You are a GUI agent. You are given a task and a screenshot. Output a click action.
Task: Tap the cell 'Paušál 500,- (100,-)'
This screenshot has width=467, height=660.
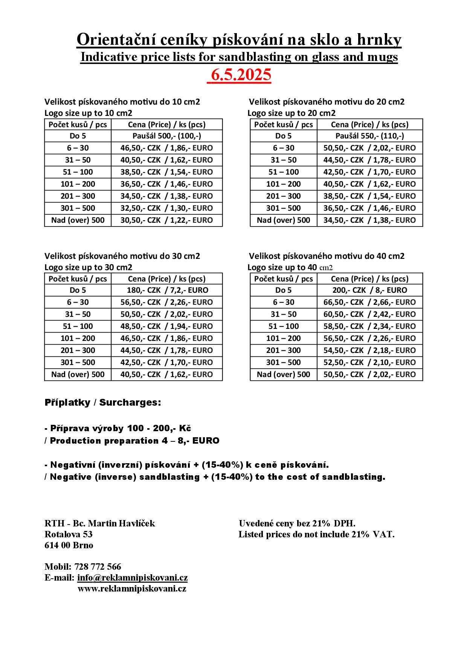tap(166, 136)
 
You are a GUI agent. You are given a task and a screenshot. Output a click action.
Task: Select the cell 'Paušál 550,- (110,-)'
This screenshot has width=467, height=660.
tap(369, 136)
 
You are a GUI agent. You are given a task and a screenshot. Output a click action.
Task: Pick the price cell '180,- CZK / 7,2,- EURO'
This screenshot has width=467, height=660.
tap(166, 290)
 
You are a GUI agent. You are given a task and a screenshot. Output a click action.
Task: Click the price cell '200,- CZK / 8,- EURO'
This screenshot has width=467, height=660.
tap(369, 290)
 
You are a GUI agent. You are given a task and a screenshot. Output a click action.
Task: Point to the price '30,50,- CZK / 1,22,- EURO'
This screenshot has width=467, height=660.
tap(166, 220)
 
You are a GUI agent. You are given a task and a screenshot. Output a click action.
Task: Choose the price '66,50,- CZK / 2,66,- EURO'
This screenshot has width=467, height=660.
tap(369, 302)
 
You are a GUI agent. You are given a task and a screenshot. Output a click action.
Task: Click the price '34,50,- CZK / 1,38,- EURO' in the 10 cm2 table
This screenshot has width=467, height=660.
tap(166, 196)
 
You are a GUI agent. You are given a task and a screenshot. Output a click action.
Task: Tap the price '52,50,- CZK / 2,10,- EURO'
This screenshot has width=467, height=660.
tap(369, 362)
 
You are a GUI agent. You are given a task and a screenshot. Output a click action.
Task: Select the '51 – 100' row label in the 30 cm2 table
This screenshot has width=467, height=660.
tap(78, 326)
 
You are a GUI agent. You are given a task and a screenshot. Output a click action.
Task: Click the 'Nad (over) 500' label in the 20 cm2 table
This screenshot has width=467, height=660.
tap(283, 220)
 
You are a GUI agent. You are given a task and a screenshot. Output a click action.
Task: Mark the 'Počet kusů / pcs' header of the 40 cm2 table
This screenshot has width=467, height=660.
tap(283, 279)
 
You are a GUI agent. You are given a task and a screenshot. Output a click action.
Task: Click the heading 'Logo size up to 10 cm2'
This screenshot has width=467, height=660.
tap(88, 113)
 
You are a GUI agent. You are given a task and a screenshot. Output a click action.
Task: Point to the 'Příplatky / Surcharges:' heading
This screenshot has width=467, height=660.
tap(103, 402)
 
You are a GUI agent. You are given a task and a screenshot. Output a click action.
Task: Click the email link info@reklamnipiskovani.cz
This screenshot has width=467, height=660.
tap(132, 578)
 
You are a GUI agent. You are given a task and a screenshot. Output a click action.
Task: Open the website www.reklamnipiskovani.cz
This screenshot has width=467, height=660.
tap(132, 589)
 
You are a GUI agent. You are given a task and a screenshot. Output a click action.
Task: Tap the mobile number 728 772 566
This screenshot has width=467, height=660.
tap(98, 567)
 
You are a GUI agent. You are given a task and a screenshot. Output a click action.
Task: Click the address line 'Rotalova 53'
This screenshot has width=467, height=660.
tap(68, 534)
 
